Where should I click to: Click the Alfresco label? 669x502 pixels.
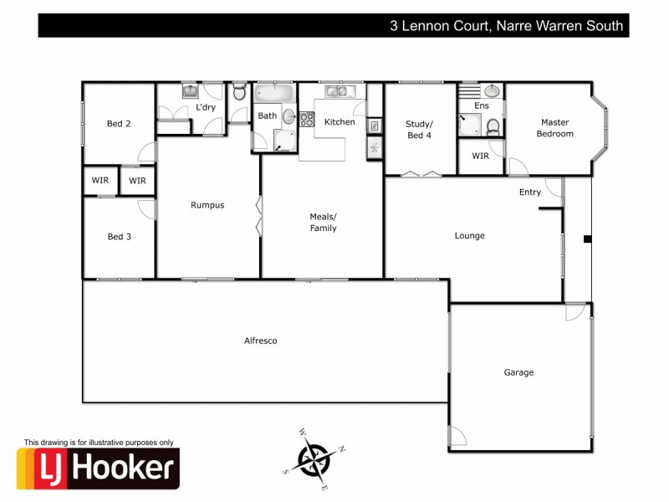point(260,341)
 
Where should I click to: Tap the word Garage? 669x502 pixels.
point(518,372)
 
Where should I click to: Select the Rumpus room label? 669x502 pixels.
point(207,205)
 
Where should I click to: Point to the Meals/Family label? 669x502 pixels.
point(323,222)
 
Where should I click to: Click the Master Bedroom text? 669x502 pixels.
point(554,127)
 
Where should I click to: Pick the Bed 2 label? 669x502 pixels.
point(119,124)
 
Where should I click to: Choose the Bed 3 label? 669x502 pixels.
point(119,237)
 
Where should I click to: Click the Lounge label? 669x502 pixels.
point(469,236)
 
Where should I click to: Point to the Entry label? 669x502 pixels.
point(529,192)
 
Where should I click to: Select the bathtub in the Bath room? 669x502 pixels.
point(274,93)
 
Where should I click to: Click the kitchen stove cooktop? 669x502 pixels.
point(307,118)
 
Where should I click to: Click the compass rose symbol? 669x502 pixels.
point(316,458)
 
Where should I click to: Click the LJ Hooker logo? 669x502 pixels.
point(99,469)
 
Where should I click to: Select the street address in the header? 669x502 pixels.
point(507,26)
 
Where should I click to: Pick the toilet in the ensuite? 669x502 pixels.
point(493,127)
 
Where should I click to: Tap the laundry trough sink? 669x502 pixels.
point(190,90)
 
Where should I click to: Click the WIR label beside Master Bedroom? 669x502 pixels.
point(480,156)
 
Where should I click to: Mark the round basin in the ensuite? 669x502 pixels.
point(493,90)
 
